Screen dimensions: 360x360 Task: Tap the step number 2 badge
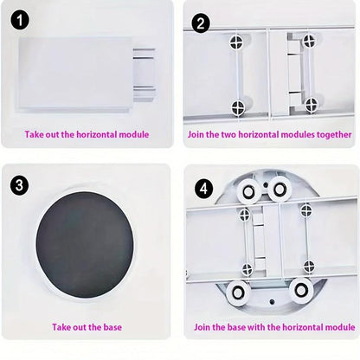[201, 23]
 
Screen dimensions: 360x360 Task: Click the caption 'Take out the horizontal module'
[87, 135]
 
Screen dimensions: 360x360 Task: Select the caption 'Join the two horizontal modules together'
[270, 135]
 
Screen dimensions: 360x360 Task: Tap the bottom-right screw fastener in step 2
[310, 105]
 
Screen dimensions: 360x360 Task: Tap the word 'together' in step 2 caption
[332, 135]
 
